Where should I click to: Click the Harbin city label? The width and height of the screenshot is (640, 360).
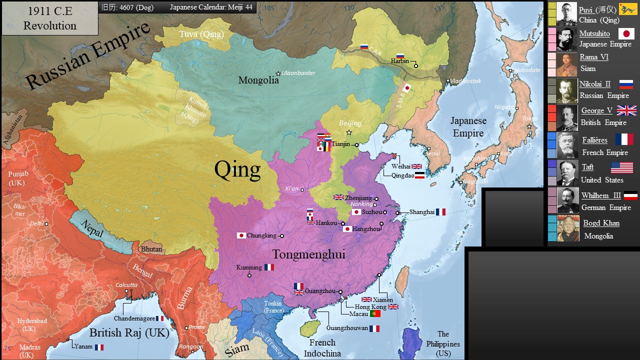[x=399, y=61]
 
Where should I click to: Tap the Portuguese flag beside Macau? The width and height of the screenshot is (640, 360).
[x=375, y=313]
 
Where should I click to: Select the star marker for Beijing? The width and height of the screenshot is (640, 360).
[x=349, y=132]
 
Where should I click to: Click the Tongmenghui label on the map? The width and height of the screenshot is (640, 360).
[x=308, y=254]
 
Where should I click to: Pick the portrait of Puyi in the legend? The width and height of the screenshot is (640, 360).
[x=566, y=14]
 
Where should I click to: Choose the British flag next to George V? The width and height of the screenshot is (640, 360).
[x=626, y=110]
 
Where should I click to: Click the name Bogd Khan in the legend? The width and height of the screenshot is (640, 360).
[x=601, y=223]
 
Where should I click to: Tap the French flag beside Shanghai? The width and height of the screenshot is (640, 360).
[x=440, y=212]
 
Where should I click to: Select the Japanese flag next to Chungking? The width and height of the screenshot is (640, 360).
[x=241, y=235]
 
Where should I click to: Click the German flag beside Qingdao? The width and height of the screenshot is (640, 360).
[x=419, y=175]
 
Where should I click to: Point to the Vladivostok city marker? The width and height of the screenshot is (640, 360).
[x=447, y=80]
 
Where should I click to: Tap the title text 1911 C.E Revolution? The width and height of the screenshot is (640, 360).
[x=49, y=18]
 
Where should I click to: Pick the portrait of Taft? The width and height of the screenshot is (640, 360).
[x=567, y=173]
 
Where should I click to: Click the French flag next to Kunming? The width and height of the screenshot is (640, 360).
[x=269, y=267]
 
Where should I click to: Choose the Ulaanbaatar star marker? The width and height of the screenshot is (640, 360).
[x=278, y=73]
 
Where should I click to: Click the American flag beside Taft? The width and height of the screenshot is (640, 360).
[x=621, y=167]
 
